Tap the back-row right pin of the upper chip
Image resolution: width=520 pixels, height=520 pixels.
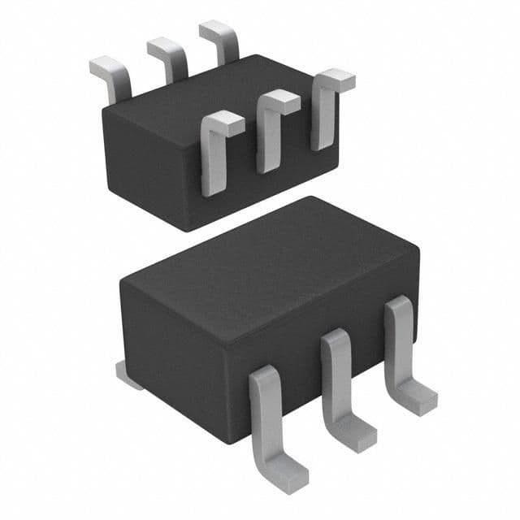(220, 41)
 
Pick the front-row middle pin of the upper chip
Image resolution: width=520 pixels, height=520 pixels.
(271, 134)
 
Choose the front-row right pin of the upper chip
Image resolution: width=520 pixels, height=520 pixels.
(323, 114)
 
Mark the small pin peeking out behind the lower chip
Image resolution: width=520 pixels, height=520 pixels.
(128, 375)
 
